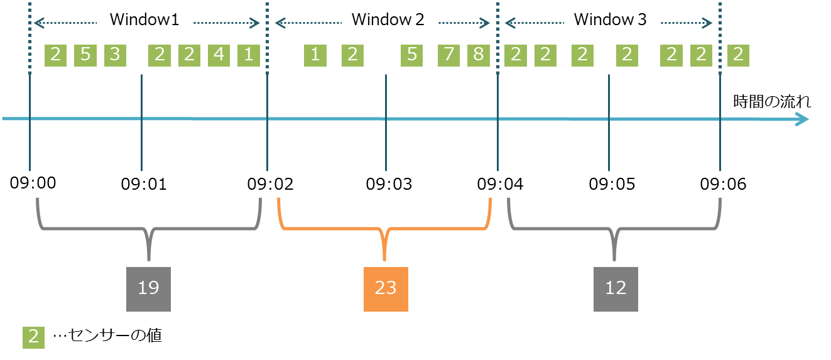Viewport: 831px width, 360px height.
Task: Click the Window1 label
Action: pos(144,20)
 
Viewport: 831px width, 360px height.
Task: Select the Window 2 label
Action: pos(388,20)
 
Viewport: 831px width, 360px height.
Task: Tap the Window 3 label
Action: pos(610,20)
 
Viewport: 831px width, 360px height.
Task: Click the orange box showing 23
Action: pos(386,289)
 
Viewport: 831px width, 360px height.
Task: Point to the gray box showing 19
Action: pos(148,288)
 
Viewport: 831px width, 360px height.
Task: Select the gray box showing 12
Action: pos(616,288)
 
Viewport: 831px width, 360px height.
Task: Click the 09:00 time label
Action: pos(33,183)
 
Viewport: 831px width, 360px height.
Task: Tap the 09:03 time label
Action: pos(389,184)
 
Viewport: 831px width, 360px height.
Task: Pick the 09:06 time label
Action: pos(723,184)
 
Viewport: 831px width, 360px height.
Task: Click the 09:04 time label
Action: pos(499,184)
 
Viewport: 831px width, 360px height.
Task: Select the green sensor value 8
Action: pos(478,55)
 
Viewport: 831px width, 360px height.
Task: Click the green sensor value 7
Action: pos(448,55)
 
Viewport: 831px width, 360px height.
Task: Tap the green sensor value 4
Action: pos(219,55)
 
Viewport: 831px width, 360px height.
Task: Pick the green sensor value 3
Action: pos(115,55)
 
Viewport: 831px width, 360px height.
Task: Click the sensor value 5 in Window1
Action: pos(85,55)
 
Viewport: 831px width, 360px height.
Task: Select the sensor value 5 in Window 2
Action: pos(412,55)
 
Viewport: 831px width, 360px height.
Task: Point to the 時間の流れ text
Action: pos(772,102)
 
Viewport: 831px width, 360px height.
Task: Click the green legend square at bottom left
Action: pos(33,337)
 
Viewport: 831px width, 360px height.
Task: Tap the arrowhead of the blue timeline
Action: pos(801,119)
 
